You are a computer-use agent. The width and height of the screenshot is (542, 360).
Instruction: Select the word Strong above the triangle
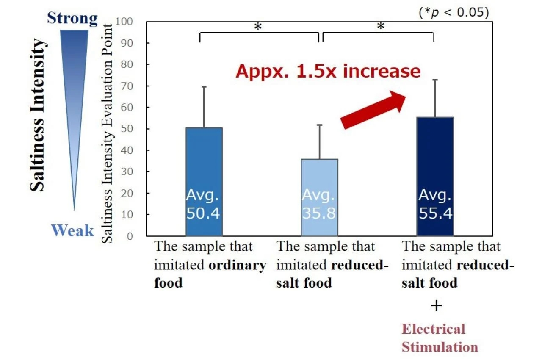72,19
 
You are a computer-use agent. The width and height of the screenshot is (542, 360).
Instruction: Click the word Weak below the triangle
72,231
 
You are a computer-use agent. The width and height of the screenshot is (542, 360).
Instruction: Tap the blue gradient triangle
74,85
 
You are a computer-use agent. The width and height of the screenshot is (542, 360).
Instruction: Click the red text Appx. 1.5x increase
328,71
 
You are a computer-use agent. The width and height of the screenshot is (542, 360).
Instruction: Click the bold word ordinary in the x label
238,266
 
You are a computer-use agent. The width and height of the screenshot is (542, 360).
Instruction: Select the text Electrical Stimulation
440,338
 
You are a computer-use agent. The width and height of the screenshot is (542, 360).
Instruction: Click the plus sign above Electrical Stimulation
436,306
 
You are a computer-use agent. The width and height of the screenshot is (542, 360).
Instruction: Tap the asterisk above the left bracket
258,27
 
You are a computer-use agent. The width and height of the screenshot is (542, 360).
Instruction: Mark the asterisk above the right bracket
380,27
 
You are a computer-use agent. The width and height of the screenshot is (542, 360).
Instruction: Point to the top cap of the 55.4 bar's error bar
435,80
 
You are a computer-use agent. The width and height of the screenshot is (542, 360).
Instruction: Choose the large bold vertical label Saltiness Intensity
38,115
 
